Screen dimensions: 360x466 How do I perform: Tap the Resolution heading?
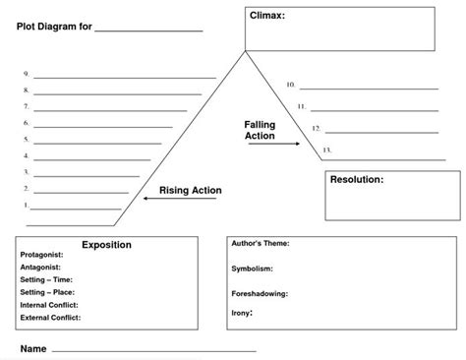pos(357,180)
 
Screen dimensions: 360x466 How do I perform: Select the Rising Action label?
pos(191,190)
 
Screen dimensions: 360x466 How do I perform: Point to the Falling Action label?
pos(261,131)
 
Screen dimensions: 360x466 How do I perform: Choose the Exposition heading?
pos(106,244)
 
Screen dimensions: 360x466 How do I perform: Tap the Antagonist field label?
pos(41,267)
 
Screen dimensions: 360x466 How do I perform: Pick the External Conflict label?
pos(51,318)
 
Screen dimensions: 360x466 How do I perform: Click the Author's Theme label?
pos(261,242)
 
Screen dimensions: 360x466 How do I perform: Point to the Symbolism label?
pos(253,268)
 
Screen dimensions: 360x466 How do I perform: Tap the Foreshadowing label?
pos(261,293)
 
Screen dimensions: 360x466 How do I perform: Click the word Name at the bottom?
pos(33,349)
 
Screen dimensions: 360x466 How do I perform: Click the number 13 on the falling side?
pos(326,150)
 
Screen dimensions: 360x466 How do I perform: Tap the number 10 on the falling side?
pos(291,85)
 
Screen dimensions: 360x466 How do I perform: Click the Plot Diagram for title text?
pos(54,28)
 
